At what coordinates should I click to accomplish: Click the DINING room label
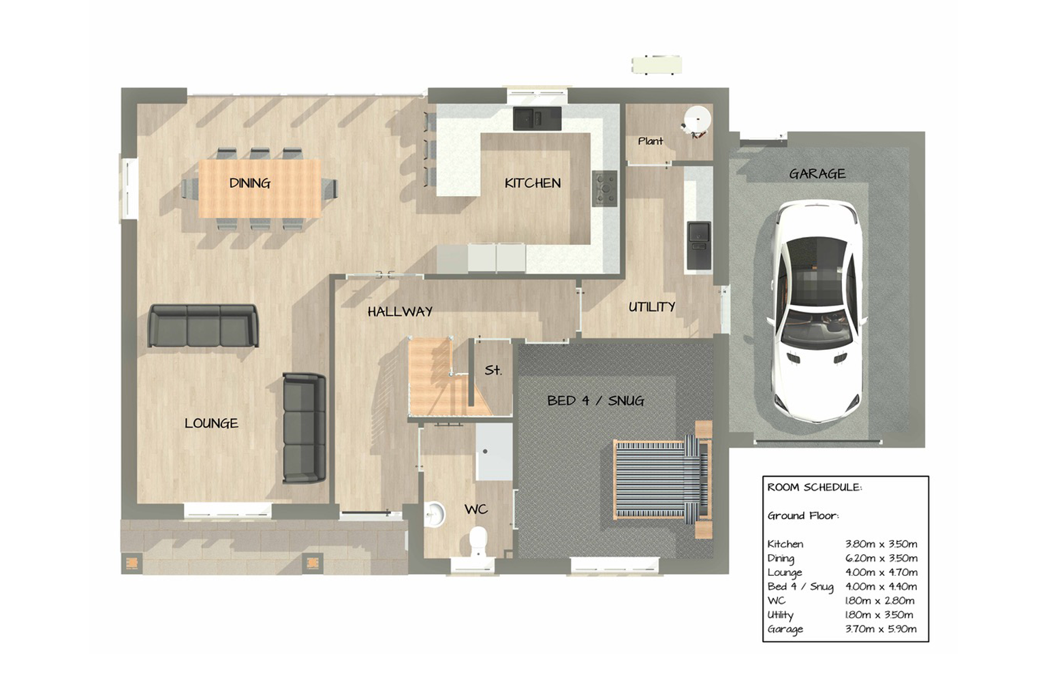[249, 183]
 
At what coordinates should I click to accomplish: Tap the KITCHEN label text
[533, 183]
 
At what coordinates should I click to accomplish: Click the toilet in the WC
[478, 542]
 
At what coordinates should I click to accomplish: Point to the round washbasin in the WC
[435, 515]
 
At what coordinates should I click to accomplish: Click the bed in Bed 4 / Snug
[663, 480]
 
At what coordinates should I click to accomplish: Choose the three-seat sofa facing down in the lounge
[203, 325]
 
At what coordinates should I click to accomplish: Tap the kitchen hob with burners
[605, 189]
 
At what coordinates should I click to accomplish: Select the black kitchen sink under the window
[537, 118]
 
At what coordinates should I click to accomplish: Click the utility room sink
[699, 245]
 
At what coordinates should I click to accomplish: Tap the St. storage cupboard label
[493, 370]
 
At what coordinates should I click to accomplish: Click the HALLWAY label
[400, 312]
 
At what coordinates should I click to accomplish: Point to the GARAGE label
[817, 174]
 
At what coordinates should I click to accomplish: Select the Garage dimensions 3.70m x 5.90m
[881, 629]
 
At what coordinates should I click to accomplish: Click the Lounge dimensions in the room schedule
[881, 572]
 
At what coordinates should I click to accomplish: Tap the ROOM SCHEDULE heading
[815, 487]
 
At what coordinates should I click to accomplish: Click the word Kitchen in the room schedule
[785, 544]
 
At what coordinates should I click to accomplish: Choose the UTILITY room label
[652, 307]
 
